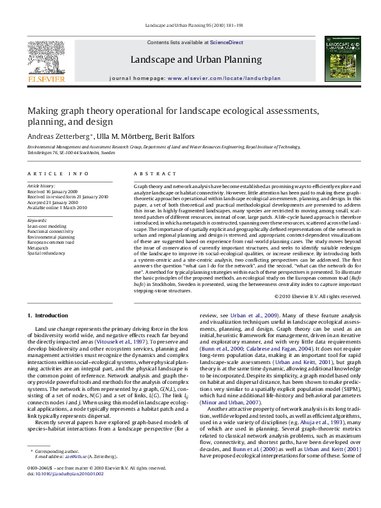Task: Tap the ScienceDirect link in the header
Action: pyautogui.click(x=222, y=42)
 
